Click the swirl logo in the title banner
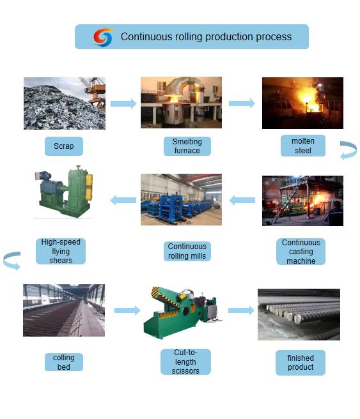pyautogui.click(x=103, y=37)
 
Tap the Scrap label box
pyautogui.click(x=64, y=146)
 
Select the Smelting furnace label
pyautogui.click(x=187, y=146)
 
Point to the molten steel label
pyautogui.click(x=303, y=146)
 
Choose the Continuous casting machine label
pyautogui.click(x=301, y=252)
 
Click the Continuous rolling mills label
pyautogui.click(x=187, y=251)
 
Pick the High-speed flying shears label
pyautogui.click(x=61, y=251)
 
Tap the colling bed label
pyautogui.click(x=64, y=362)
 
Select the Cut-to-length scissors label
pyautogui.click(x=185, y=362)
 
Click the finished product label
pyautogui.click(x=301, y=363)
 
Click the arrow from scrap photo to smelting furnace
pyautogui.click(x=123, y=103)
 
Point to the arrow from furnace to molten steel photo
pyautogui.click(x=242, y=103)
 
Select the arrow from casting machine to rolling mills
pyautogui.click(x=242, y=200)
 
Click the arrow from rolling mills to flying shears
pyautogui.click(x=123, y=200)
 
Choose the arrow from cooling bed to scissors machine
pyautogui.click(x=127, y=310)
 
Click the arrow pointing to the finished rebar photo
pyautogui.click(x=241, y=310)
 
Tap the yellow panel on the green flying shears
pyautogui.click(x=89, y=187)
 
